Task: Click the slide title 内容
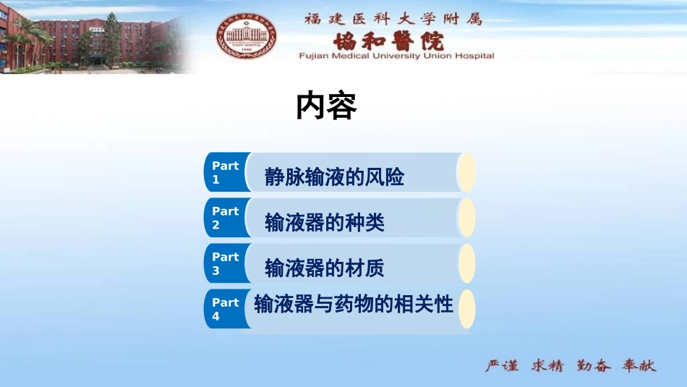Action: (327, 107)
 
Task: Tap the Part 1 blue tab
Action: (226, 172)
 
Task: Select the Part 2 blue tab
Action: (226, 218)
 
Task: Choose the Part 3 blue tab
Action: (226, 263)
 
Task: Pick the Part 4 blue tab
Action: (226, 309)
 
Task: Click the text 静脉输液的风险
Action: (334, 177)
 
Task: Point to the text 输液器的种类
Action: (325, 223)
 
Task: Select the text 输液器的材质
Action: (325, 268)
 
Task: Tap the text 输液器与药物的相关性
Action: (354, 305)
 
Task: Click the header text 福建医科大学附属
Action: (393, 19)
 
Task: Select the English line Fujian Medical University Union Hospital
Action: (397, 56)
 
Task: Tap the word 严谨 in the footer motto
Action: (501, 365)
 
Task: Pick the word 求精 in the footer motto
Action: (547, 365)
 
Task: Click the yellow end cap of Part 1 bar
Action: (467, 172)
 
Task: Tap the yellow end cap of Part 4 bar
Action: (467, 309)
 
